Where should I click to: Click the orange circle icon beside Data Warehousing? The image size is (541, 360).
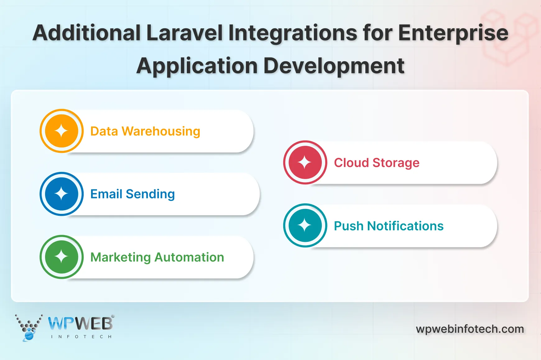tap(62, 131)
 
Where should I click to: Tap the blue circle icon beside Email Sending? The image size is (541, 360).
tap(62, 194)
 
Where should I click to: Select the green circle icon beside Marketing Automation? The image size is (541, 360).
tap(62, 257)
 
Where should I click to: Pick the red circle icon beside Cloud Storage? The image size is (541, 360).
tap(305, 162)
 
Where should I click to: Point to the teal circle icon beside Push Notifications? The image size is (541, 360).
tap(305, 225)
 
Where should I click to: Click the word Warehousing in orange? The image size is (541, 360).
tap(161, 132)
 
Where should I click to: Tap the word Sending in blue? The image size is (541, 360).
tap(150, 194)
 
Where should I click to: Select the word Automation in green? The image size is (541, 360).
tap(189, 257)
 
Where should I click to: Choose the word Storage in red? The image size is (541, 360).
tap(396, 163)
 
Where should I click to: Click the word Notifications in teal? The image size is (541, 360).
tap(405, 226)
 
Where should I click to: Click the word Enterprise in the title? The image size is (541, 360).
tap(453, 33)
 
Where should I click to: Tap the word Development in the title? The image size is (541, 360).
tap(334, 66)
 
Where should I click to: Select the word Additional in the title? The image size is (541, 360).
tap(87, 33)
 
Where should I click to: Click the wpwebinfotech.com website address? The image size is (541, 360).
tap(470, 329)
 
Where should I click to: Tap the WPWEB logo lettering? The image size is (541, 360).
tap(81, 324)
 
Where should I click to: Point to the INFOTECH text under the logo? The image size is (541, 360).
tap(81, 337)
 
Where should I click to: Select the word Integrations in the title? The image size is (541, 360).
tap(293, 33)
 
